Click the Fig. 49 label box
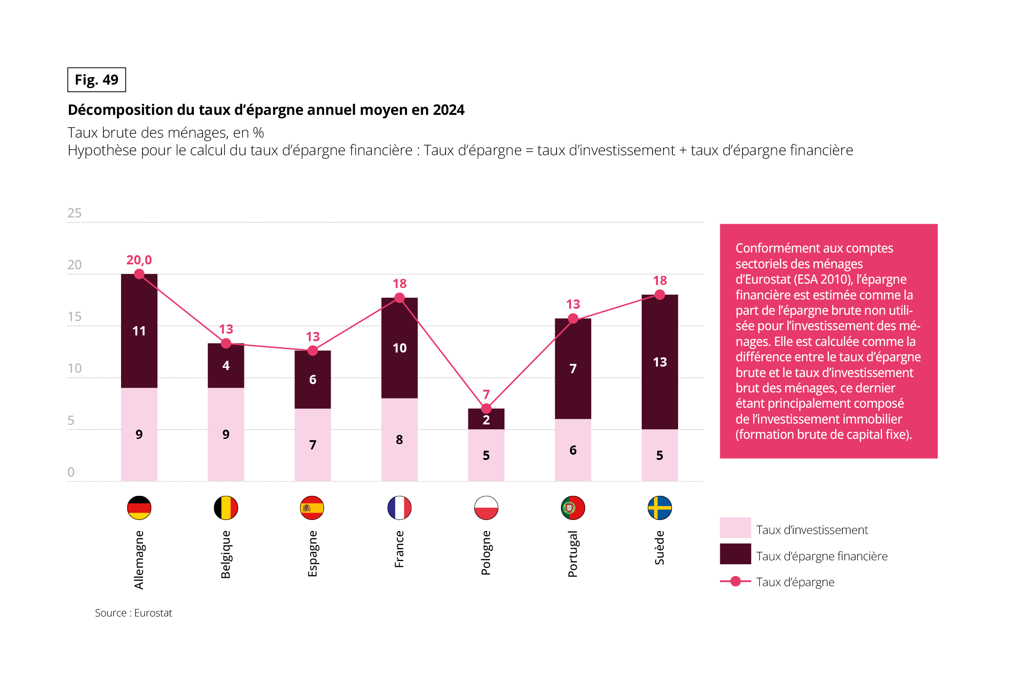point(96,80)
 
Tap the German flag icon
point(139,508)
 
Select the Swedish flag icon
point(660,508)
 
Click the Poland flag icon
point(486,508)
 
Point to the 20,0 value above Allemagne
point(139,260)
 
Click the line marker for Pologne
point(486,409)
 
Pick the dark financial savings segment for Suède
point(660,362)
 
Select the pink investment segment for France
point(399,439)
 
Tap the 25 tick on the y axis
point(75,213)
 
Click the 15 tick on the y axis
point(75,317)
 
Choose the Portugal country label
point(573,554)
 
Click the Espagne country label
point(312,554)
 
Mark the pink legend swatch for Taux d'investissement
point(735,527)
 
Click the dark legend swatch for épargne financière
point(735,554)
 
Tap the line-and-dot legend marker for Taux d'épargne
point(736,581)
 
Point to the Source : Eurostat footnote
point(133,613)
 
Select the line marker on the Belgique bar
point(226,344)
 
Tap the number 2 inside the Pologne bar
point(486,420)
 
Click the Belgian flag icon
point(226,508)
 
